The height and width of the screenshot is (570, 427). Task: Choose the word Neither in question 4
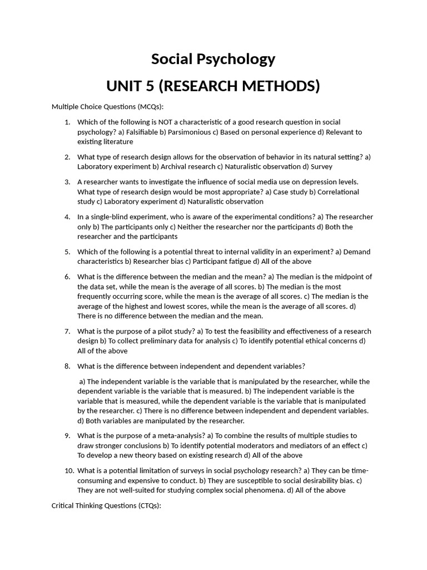pos(193,227)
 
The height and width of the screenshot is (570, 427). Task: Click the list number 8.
pos(67,366)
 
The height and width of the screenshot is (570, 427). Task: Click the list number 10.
pos(69,470)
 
